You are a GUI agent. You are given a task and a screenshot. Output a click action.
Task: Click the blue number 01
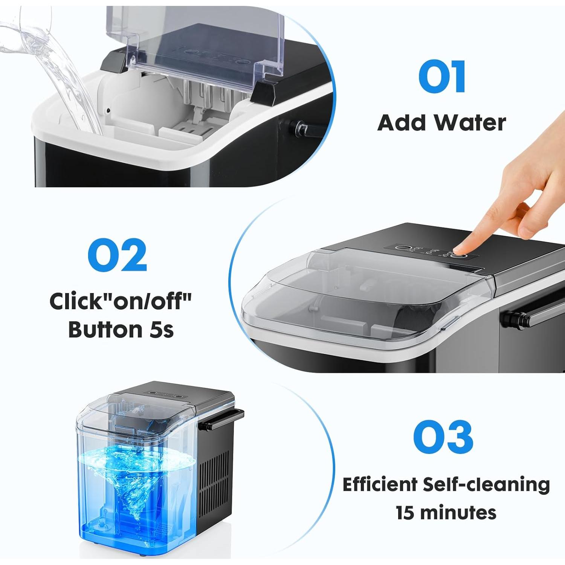click(x=442, y=77)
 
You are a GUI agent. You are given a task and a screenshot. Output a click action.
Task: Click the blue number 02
click(x=117, y=255)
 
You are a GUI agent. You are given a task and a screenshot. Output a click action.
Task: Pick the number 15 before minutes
click(x=406, y=513)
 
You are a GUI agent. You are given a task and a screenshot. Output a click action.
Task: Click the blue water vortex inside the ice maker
click(x=136, y=475)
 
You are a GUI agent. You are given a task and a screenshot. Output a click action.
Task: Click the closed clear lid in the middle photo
click(x=358, y=298)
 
